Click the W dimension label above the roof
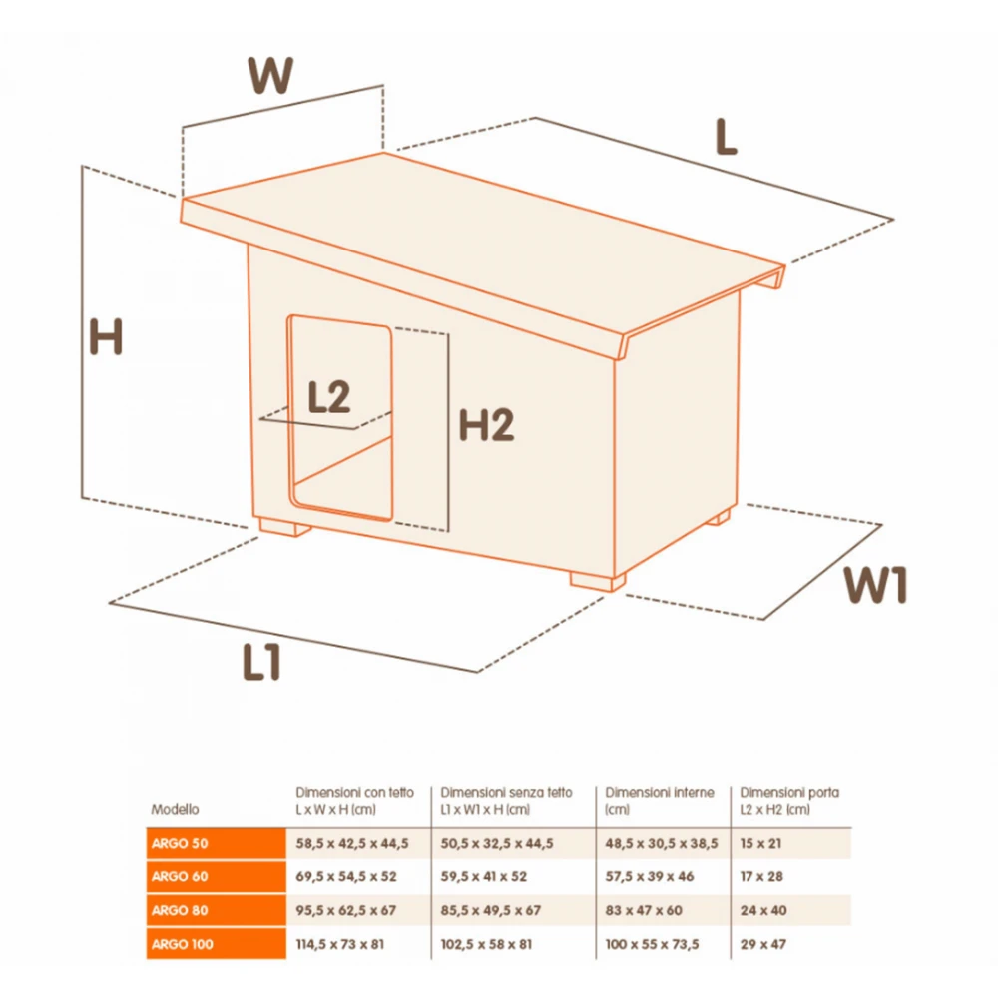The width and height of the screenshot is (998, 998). pos(270,75)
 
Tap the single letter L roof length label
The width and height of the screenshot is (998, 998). pos(726,137)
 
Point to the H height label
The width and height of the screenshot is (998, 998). pos(106,336)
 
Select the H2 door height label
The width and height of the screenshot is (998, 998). pos(486,425)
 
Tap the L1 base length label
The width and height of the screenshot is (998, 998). pos(261,662)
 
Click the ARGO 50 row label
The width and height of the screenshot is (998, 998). pos(180,844)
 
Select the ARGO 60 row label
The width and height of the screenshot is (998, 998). pos(180,877)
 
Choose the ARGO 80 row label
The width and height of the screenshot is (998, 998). pos(180,911)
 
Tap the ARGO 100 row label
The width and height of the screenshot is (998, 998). pos(182,944)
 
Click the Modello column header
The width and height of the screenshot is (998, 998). pos(175,809)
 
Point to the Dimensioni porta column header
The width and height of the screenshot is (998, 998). pos(789,793)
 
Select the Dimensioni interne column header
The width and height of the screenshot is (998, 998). pos(660,793)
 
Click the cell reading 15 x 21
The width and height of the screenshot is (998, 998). pos(760,844)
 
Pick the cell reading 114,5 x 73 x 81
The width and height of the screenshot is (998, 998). pos(340,944)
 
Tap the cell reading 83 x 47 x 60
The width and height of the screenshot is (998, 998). pos(644,911)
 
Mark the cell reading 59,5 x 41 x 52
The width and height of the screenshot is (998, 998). pos(484,877)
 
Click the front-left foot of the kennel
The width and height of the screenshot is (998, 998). pos(284,528)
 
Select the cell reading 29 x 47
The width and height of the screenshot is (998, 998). pos(763,944)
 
